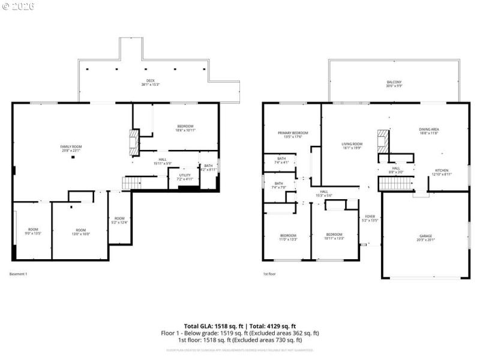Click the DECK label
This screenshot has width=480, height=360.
pyautogui.click(x=150, y=82)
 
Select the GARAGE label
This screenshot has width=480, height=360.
pyautogui.click(x=425, y=238)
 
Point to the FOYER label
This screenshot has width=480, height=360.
pyautogui.click(x=370, y=218)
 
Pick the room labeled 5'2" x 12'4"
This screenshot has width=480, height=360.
pyautogui.click(x=119, y=220)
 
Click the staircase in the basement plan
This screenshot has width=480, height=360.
pyautogui.click(x=131, y=183)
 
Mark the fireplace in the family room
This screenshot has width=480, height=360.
pyautogui.click(x=134, y=142)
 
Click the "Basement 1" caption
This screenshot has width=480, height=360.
pyautogui.click(x=19, y=274)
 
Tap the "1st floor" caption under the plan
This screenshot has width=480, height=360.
pyautogui.click(x=270, y=274)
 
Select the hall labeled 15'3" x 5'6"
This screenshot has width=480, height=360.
pyautogui.click(x=323, y=193)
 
